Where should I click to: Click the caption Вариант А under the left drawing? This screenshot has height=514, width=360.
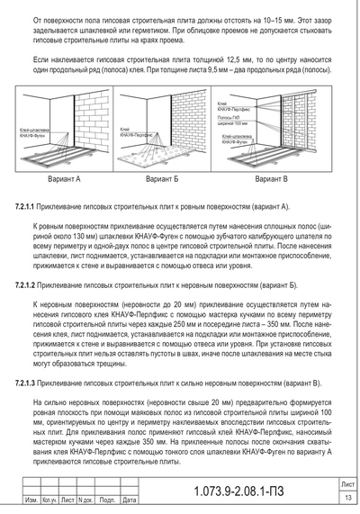pos(66,179)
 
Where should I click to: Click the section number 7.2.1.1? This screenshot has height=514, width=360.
pos(33,206)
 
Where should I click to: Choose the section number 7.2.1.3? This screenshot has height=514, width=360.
pos(33,383)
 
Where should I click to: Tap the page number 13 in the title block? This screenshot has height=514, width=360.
pos(346,499)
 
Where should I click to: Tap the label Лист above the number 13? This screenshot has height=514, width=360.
pos(346,484)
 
